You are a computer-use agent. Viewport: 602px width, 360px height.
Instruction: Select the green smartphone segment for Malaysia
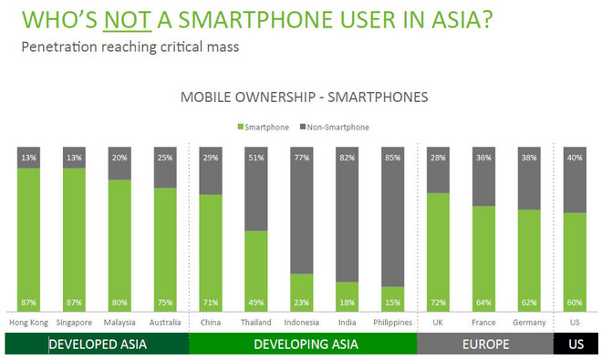pyautogui.click(x=119, y=242)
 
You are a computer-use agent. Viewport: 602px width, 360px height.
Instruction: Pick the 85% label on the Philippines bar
pyautogui.click(x=393, y=158)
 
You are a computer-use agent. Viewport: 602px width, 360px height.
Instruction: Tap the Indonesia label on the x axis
pyautogui.click(x=302, y=323)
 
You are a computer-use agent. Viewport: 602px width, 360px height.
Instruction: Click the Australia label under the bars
pyautogui.click(x=164, y=323)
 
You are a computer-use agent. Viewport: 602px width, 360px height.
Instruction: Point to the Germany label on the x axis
pyautogui.click(x=530, y=323)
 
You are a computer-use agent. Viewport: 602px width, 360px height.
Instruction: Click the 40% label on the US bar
pyautogui.click(x=576, y=158)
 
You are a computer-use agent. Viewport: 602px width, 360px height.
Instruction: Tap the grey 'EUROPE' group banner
pyautogui.click(x=485, y=345)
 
